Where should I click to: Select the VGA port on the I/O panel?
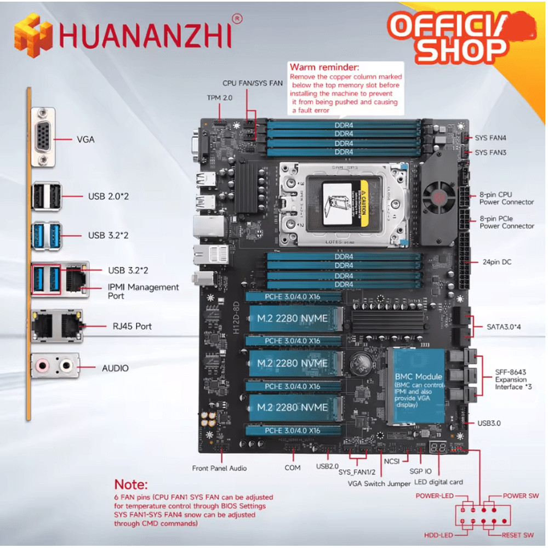coord(43,137)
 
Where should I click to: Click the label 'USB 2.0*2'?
coord(109,196)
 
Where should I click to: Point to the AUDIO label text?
coord(115,368)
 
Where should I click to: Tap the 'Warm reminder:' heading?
coord(324,67)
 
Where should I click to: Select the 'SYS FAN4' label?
coord(490,138)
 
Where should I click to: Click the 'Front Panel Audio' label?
coord(219,468)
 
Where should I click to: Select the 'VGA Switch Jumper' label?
coord(379,484)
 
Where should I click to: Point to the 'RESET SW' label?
coord(517,535)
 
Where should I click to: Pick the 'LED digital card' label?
coord(438,482)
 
